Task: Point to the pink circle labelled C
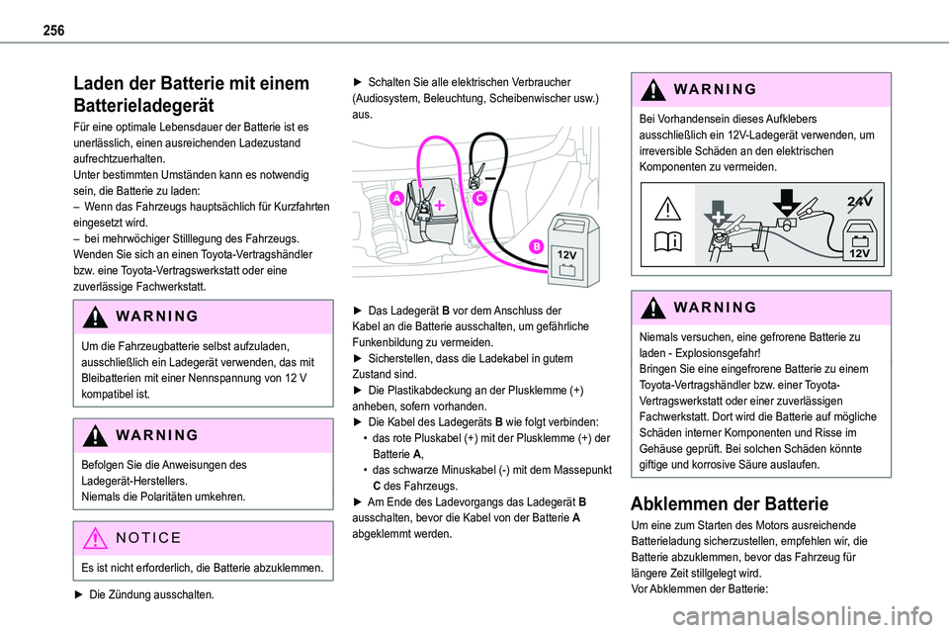(477, 198)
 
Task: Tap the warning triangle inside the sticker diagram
(666, 209)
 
